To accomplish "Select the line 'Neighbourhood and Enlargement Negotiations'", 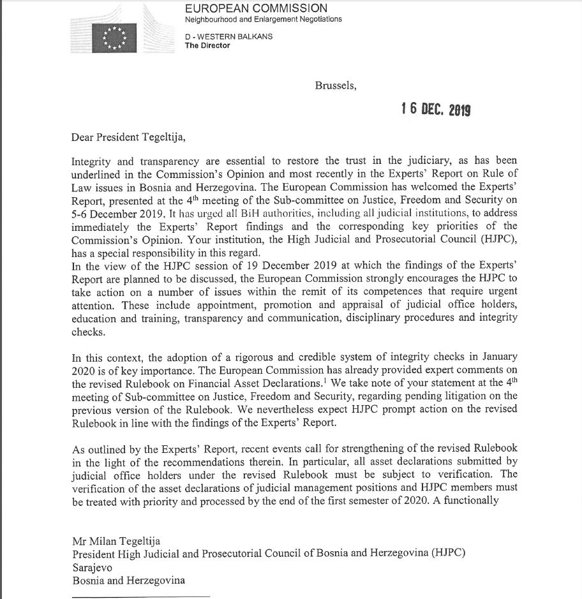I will pyautogui.click(x=263, y=19).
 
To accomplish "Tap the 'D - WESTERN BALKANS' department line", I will pyautogui.click(x=228, y=36).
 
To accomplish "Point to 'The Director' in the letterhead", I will pyautogui.click(x=207, y=45).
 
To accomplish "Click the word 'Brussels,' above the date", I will pyautogui.click(x=336, y=85).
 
